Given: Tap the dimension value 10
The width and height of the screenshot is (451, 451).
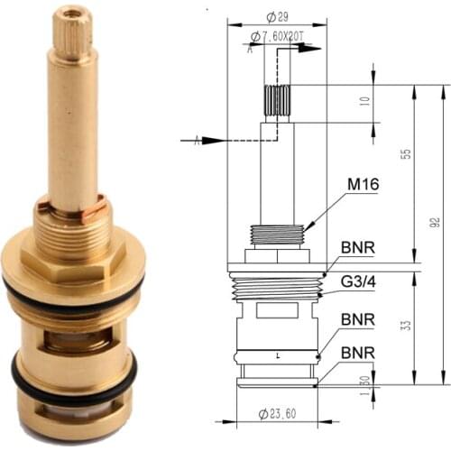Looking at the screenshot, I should [x=365, y=102].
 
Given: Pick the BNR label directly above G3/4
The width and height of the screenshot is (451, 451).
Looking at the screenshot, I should [x=357, y=247].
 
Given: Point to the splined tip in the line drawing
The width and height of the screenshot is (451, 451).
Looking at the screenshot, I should [x=276, y=100].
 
